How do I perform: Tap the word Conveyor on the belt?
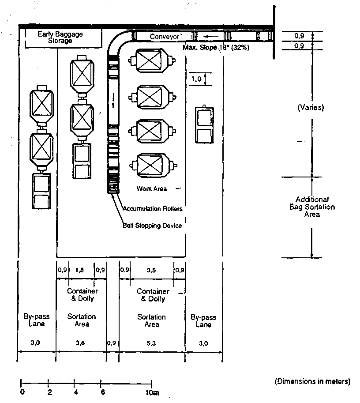(x=165, y=37)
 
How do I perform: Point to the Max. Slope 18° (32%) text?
(x=216, y=48)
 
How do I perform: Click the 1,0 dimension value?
(x=196, y=79)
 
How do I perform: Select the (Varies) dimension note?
(x=311, y=107)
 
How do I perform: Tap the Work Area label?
(x=151, y=189)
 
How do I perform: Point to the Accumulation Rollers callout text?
(x=152, y=209)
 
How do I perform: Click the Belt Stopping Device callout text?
(x=152, y=226)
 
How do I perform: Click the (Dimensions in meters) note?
(x=312, y=380)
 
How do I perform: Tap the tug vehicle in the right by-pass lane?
(x=204, y=124)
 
